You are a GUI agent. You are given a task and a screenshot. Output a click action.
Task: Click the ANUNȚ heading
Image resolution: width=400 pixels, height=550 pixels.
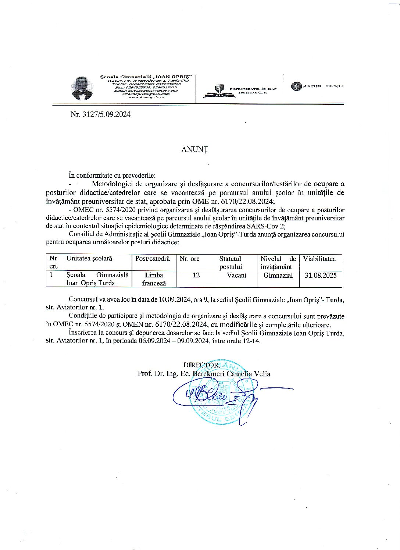195,149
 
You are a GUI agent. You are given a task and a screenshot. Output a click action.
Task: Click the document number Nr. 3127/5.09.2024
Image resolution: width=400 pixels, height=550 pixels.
100,114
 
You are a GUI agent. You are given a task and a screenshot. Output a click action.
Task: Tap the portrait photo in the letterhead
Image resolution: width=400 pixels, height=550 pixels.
82,88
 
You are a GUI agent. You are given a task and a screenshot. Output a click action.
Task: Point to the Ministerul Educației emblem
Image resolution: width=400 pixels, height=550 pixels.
296,86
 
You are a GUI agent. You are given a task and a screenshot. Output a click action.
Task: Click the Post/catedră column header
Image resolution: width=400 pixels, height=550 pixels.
153,259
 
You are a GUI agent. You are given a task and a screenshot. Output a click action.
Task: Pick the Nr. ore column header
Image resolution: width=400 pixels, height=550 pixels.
189,259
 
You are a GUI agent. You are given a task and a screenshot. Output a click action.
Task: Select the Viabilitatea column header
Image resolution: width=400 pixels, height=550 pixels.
319,259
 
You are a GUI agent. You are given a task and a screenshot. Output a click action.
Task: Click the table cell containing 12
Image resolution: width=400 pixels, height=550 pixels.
196,275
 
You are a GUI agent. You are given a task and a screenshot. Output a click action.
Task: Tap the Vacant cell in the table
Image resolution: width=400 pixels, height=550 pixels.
236,275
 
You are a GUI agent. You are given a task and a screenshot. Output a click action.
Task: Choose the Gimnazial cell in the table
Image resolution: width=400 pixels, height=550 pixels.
278,275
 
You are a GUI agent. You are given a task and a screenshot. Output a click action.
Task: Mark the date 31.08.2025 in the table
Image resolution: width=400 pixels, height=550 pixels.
321,275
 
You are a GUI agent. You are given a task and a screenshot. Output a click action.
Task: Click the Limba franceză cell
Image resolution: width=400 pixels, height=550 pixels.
154,279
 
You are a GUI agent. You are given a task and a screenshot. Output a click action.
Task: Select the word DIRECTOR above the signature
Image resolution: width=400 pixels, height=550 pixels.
201,365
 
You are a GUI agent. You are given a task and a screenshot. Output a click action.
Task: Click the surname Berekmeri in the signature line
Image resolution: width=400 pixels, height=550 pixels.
208,374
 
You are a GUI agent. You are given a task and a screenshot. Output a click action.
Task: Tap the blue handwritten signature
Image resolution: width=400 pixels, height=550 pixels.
213,395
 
